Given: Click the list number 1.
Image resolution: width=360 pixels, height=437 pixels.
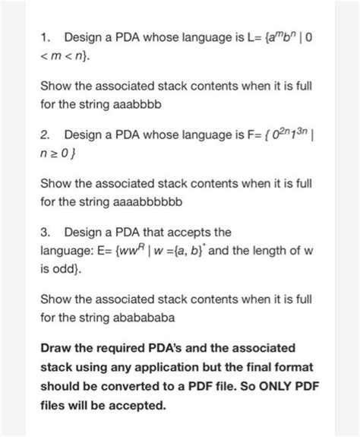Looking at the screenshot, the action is [46, 36].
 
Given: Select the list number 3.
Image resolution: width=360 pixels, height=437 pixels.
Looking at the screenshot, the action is [46, 231].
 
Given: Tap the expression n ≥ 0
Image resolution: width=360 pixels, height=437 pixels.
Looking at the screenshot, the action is [58, 156].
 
